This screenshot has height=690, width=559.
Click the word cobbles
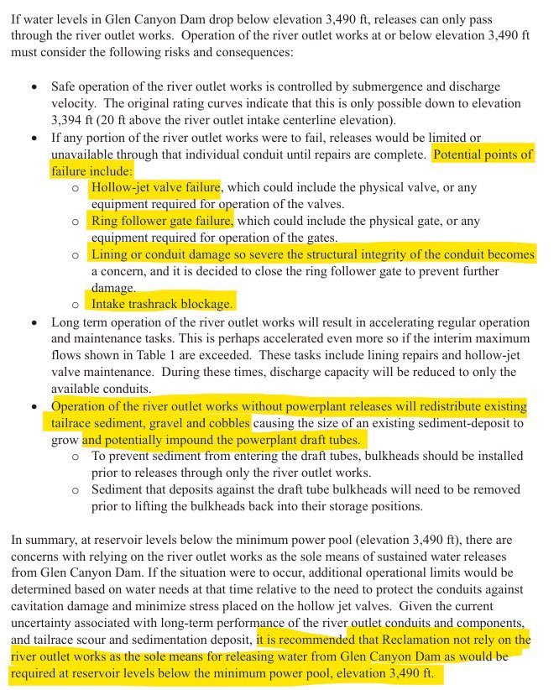225,422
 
